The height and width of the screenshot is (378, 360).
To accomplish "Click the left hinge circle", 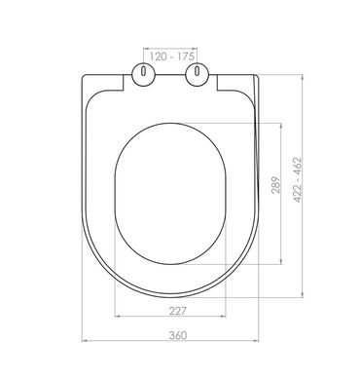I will pos(143,74).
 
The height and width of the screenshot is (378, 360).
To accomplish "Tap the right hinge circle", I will pos(200,74).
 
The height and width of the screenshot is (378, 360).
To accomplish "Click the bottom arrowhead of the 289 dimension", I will pos(285,262).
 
